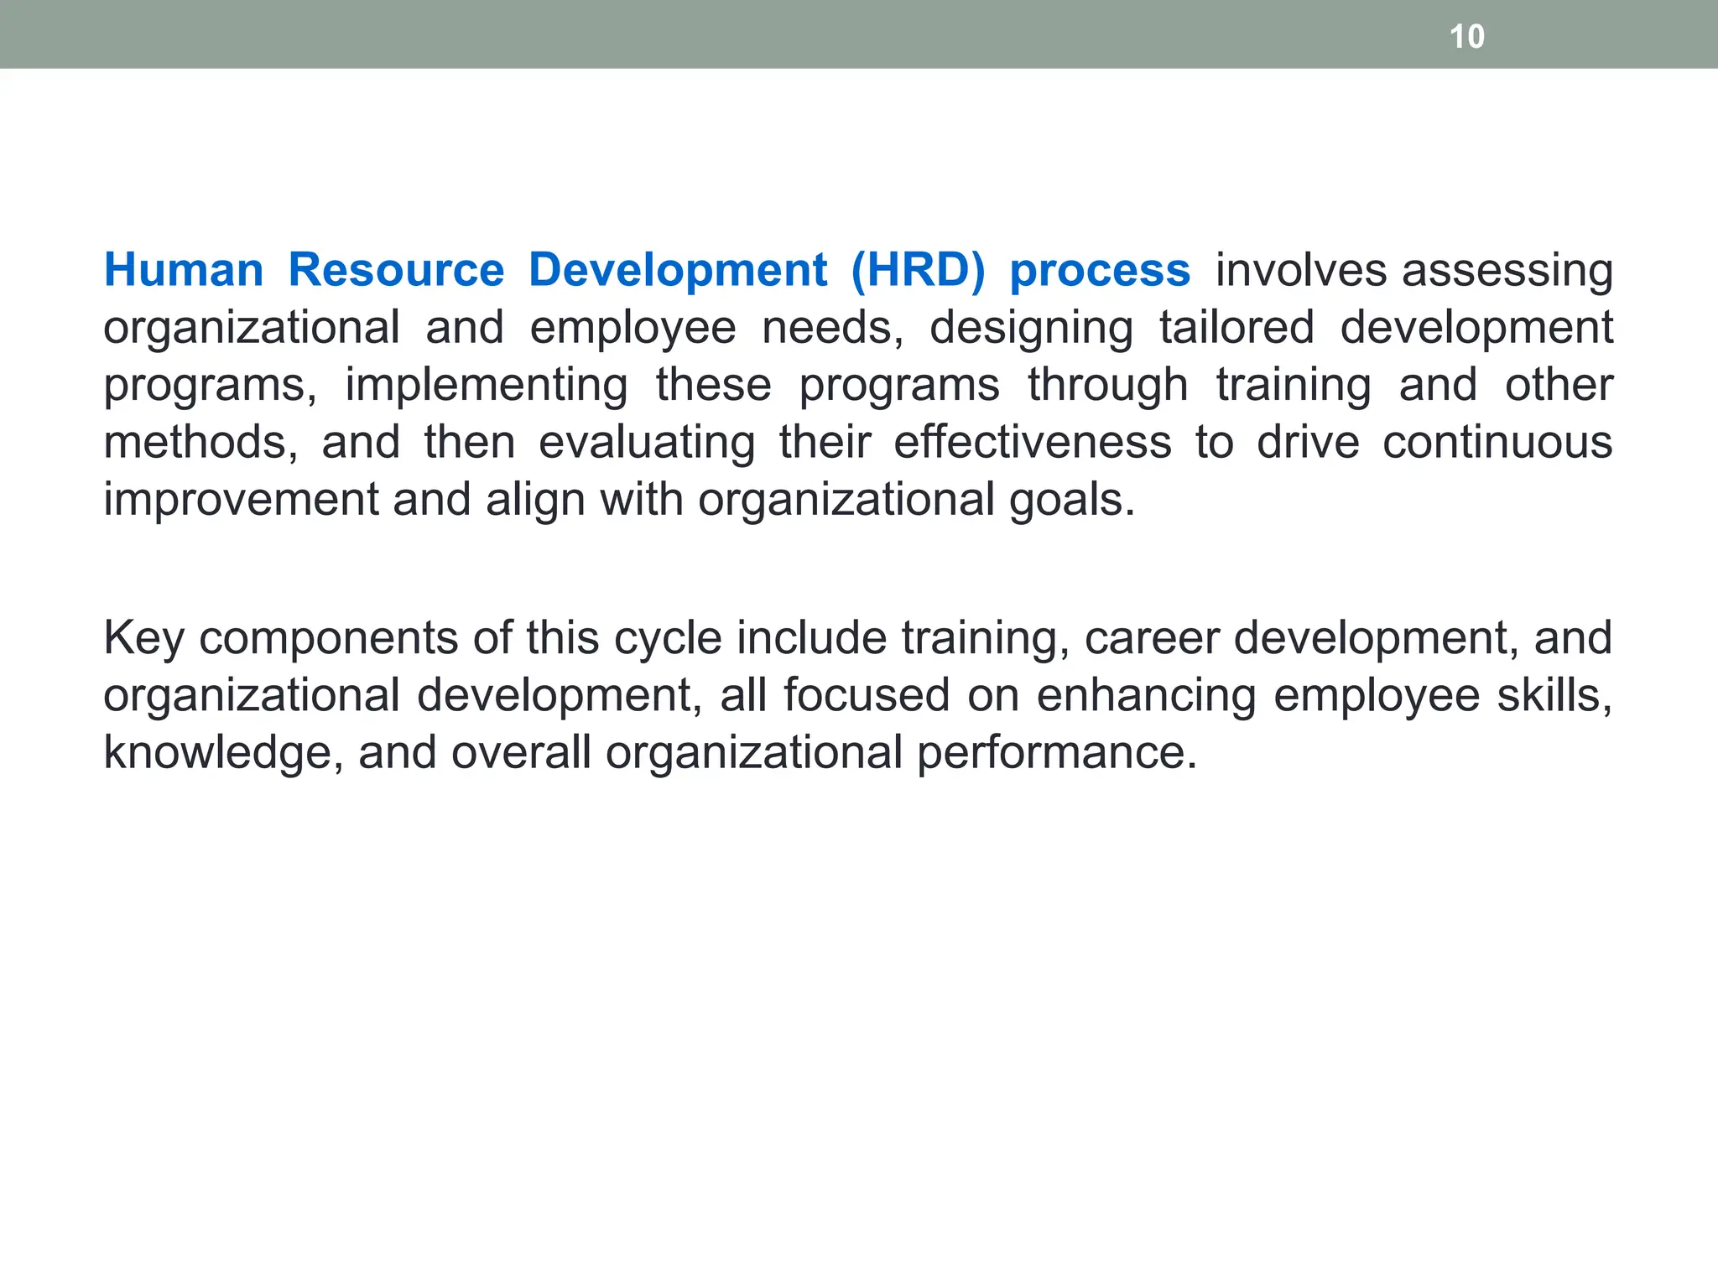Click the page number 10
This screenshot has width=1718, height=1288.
point(1466,37)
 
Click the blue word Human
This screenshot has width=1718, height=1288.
point(184,270)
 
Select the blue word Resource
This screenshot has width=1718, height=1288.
point(396,270)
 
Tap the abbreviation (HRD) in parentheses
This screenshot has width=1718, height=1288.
point(918,270)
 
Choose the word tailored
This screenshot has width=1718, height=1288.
point(1236,327)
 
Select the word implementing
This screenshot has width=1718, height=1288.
point(487,385)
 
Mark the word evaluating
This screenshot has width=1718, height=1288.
point(647,443)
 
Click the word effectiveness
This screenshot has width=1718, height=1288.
point(1032,442)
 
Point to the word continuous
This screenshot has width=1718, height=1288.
point(1497,442)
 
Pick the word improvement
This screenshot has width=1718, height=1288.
point(242,500)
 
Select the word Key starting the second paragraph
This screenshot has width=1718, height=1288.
point(143,638)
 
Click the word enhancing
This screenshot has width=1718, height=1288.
point(1146,695)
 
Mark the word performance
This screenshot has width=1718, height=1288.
point(1056,753)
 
